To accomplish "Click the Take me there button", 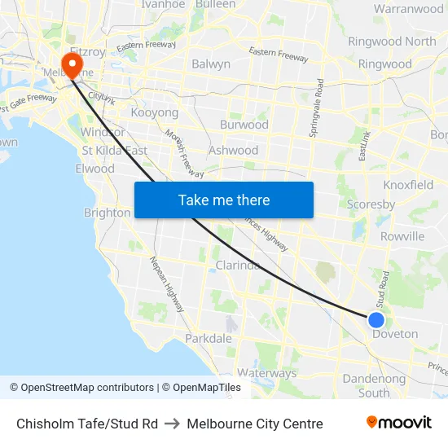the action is point(224,200).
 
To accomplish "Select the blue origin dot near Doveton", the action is point(376,319).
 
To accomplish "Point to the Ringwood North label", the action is point(392,42).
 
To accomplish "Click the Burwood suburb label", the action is point(244,125).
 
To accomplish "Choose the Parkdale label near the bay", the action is point(209,338).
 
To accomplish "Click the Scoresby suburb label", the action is point(371,204).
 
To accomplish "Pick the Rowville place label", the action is point(402,236).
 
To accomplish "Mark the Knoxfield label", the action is point(408,185).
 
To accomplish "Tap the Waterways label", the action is point(267,373).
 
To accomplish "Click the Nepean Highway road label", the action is point(166,283).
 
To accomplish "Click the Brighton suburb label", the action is point(107,213).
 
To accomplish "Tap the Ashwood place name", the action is point(234,150).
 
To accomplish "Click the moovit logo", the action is point(399,423).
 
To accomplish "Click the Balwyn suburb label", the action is point(211,64).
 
